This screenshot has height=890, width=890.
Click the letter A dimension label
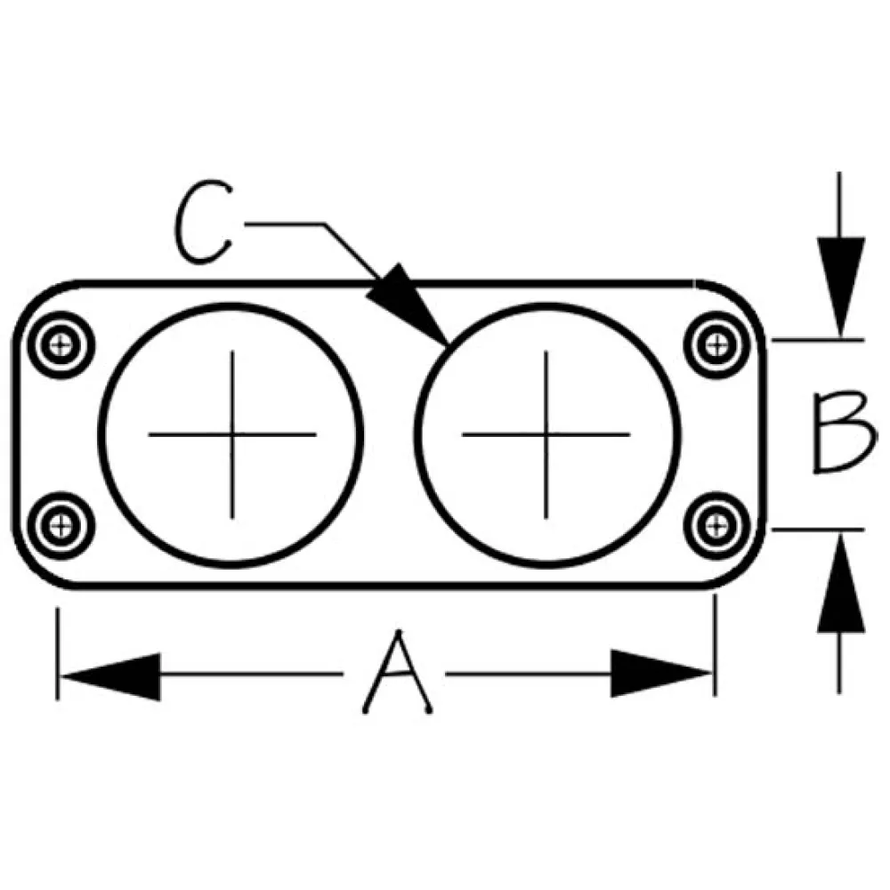pos(398,673)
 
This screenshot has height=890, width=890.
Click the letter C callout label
pos(203,222)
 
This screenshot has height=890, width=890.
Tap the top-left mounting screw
pos(61,344)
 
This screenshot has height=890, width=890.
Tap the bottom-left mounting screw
pos(61,526)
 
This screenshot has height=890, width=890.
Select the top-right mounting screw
pos(716,344)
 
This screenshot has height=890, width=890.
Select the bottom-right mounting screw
pos(716,526)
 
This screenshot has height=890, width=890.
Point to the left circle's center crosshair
pos(232,435)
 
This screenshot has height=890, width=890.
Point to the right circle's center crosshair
pos(546,435)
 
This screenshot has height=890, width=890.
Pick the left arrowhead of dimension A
pos(110,676)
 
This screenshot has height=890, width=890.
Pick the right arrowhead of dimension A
pos(661,674)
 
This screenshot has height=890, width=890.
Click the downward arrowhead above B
pos(841,287)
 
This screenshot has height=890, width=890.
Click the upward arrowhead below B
pos(841,583)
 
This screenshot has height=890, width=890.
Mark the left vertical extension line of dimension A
pos(57,654)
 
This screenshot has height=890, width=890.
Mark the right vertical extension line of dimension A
pos(716,645)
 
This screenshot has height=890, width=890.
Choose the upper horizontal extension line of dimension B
pos(818,340)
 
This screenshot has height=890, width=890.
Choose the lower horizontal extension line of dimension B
pos(818,530)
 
